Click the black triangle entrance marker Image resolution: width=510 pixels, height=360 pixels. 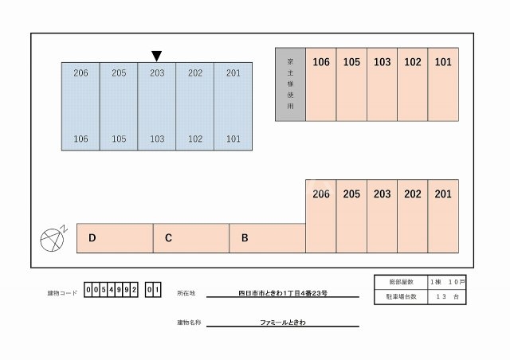157,56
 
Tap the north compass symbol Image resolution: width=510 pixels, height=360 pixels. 52,237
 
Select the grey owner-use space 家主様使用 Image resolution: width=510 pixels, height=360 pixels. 290,84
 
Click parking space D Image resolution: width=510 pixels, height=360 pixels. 114,238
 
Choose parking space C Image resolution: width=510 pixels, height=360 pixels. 190,238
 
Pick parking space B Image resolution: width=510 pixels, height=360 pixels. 266,238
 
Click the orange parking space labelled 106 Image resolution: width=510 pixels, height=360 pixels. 321,84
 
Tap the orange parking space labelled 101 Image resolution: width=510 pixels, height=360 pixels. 443,84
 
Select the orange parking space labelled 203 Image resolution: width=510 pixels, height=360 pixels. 382,216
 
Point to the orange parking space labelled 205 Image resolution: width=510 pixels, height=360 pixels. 351,216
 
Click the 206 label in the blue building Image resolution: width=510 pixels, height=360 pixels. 80,73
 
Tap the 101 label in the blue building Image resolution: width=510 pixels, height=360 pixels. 233,139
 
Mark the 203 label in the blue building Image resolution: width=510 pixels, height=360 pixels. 157,73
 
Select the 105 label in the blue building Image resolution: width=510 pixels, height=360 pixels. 119,139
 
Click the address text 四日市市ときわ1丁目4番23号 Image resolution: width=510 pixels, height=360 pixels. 282,293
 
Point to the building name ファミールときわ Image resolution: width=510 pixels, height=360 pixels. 282,323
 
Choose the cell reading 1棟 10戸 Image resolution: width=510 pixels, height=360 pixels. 447,283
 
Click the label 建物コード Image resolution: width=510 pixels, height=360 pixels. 62,293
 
